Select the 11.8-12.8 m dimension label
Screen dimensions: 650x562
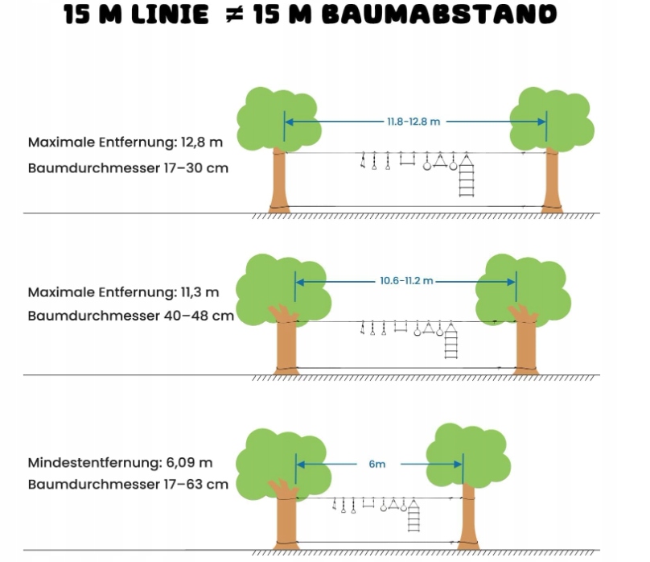click(413, 122)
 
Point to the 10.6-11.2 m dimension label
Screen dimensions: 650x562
click(406, 281)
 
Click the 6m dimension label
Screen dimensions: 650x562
click(377, 465)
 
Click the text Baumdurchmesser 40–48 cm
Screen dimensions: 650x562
click(130, 316)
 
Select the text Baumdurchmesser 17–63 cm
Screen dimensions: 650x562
click(128, 485)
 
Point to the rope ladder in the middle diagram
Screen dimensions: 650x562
click(451, 343)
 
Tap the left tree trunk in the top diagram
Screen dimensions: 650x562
click(278, 181)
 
